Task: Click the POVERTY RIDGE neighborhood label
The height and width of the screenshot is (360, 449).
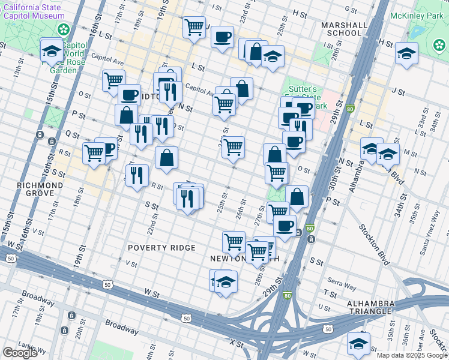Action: point(161,248)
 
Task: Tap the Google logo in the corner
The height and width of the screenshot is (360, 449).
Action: point(20,353)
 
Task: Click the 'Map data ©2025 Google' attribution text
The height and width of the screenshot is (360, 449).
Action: point(412,355)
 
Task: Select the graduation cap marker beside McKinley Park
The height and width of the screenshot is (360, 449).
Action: point(406,53)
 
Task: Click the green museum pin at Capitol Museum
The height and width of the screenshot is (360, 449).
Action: point(62,29)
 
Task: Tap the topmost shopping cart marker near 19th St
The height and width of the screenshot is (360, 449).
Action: point(194,27)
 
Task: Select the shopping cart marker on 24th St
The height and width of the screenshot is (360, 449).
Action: point(233,146)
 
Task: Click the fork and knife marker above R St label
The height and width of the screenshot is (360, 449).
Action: point(137,175)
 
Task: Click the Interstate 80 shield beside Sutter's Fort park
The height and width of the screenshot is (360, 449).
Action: point(350,109)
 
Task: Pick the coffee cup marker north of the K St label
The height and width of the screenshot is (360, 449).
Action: point(221,37)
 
